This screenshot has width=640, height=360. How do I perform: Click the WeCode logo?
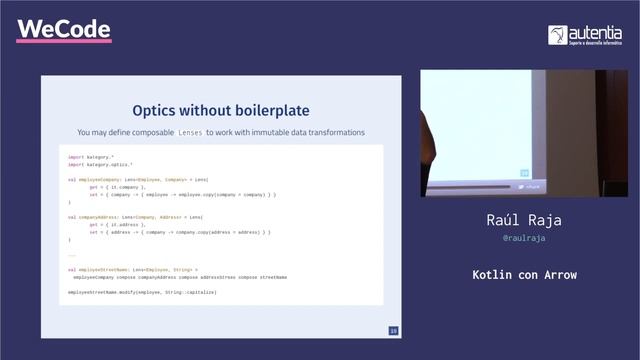point(63,30)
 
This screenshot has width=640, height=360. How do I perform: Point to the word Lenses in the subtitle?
point(190,132)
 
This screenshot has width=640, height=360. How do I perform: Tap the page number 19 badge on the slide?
point(393,330)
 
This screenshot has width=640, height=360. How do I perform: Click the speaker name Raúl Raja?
point(524,219)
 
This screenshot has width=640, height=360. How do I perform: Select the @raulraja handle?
point(524,240)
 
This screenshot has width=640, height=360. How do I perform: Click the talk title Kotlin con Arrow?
point(524,274)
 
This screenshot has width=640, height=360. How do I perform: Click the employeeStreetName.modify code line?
point(141,291)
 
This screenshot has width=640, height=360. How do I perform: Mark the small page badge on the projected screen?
point(523,173)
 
